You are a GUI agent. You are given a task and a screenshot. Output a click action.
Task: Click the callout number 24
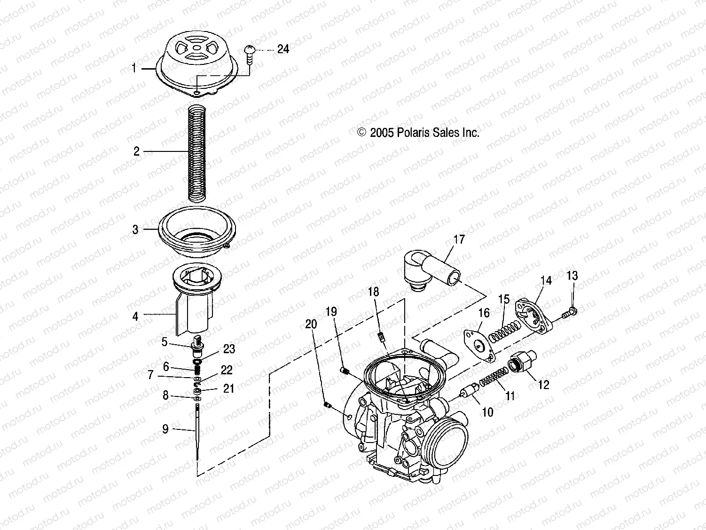coord(283,49)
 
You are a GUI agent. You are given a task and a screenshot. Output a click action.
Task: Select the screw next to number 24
coord(250,53)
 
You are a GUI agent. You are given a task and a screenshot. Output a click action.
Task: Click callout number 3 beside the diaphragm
coord(135,229)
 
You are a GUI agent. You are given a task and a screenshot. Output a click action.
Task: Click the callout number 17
coord(459,239)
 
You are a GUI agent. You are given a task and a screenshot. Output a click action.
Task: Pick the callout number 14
coord(546,281)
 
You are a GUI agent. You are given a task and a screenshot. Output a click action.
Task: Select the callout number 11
coord(510,396)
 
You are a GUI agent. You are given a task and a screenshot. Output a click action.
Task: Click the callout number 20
coord(311,324)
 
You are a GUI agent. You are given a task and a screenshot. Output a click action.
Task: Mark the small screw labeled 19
coord(345,371)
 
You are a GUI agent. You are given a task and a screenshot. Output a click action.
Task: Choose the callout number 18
coord(373,292)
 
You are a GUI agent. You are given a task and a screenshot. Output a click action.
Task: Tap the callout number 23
coord(229,349)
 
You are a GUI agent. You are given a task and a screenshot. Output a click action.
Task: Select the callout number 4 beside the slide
coord(135,316)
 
